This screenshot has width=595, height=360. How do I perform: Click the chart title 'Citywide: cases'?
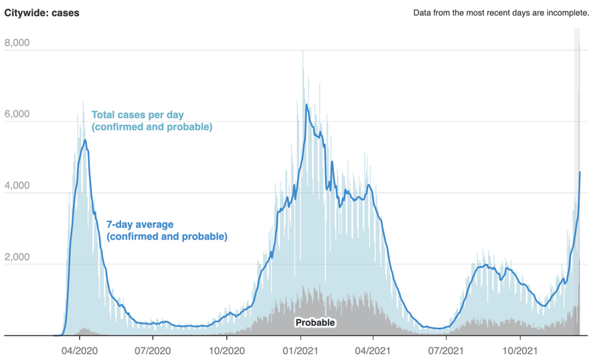(41, 13)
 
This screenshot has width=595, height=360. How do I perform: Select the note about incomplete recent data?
(501, 13)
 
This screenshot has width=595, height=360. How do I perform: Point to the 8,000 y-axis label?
(17, 43)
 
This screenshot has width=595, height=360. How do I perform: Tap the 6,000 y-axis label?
(17, 114)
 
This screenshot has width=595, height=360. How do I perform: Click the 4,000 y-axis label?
(17, 185)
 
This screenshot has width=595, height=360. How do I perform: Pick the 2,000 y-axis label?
(17, 257)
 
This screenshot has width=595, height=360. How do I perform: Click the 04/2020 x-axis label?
(79, 351)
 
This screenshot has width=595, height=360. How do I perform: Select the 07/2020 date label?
(153, 351)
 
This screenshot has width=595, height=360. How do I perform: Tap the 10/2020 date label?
(226, 351)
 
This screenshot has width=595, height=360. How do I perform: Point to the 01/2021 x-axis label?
(300, 351)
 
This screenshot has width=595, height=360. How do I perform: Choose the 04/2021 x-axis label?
(373, 351)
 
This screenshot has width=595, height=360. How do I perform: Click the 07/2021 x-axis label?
(446, 351)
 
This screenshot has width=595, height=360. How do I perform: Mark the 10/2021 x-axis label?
(520, 351)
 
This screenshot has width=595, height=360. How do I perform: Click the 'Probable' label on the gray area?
(315, 323)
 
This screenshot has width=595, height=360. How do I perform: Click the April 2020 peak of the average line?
(85, 140)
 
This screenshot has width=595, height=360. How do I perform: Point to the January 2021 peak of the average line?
(307, 104)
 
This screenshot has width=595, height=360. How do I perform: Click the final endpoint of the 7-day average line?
(580, 172)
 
